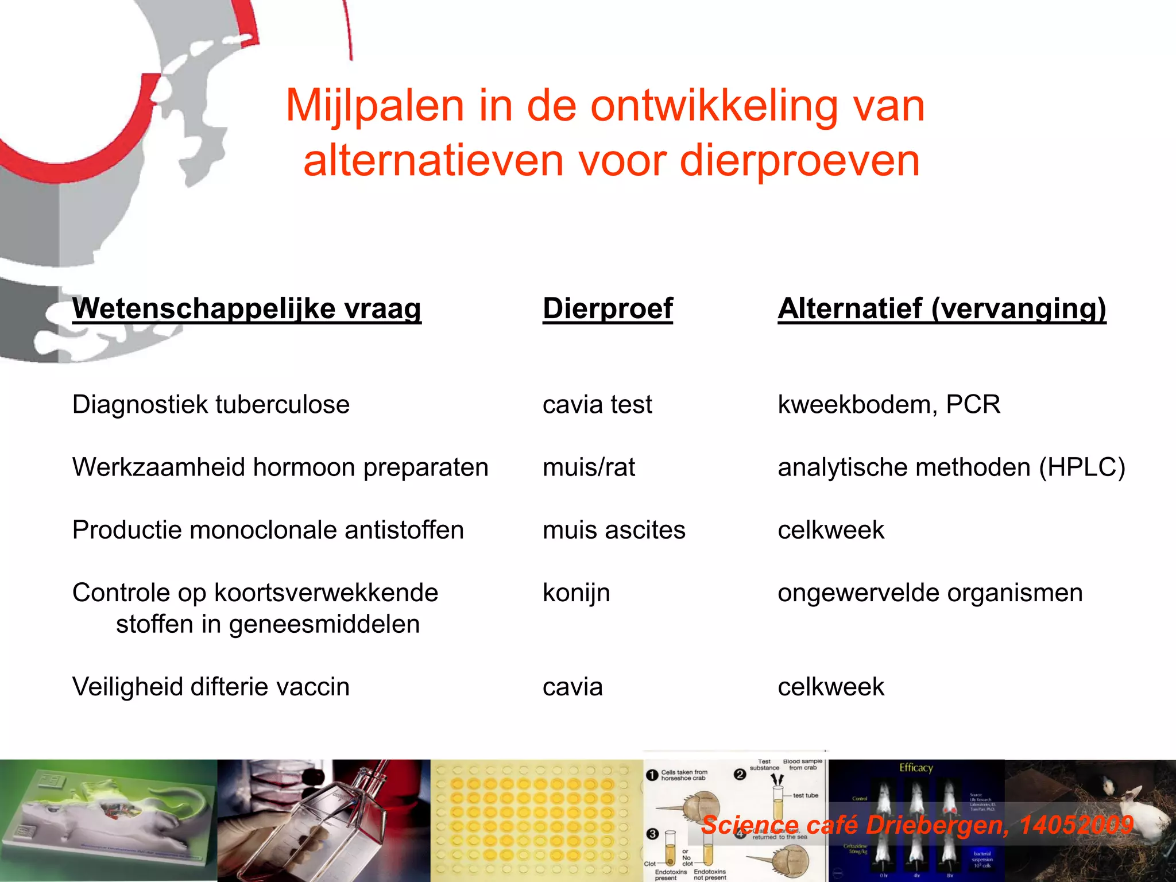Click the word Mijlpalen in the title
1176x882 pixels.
pos(374,106)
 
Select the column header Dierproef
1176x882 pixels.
pos(608,309)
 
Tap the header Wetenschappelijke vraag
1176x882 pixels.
pos(247,309)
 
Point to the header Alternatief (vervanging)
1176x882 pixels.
pos(942,309)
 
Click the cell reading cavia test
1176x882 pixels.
pos(597,405)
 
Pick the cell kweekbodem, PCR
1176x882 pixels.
pos(889,405)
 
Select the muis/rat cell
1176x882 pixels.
pos(589,467)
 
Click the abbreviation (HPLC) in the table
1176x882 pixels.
pos(1082,467)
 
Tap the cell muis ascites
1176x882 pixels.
pos(614,530)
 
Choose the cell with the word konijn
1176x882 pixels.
pos(576,593)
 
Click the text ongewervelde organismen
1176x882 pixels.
pos(930,593)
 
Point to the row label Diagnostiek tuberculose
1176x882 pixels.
pos(211,405)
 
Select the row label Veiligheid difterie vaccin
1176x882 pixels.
pos(211,687)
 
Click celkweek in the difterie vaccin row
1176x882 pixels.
pos(831,687)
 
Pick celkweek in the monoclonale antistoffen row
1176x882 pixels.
pos(831,530)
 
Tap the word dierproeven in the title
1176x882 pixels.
pos(800,160)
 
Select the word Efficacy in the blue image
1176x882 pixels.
pos(916,768)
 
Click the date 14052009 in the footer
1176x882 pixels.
pos(1076,825)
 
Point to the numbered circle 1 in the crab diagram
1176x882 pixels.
pos(652,775)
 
